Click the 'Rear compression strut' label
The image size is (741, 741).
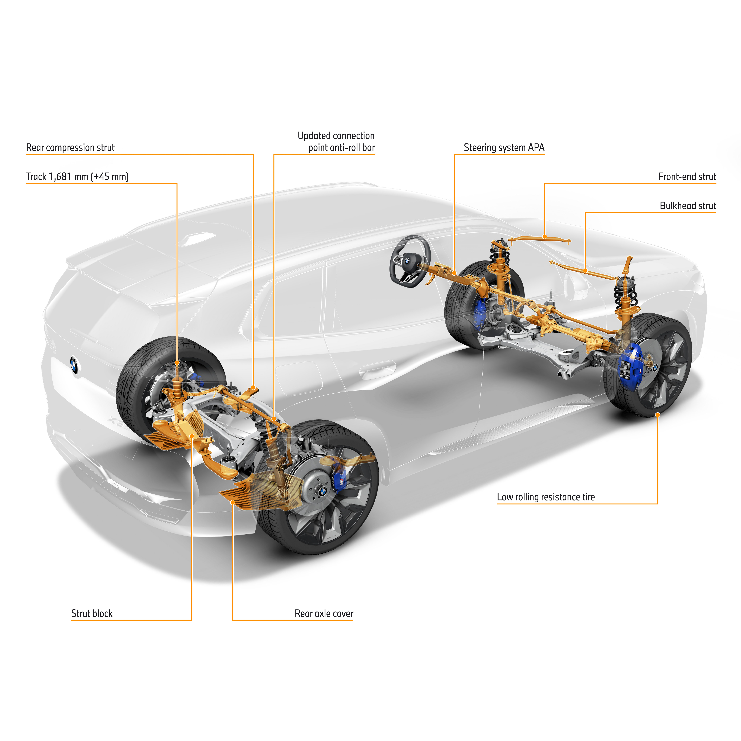click(70, 148)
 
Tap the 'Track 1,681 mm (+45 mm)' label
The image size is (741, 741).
click(77, 177)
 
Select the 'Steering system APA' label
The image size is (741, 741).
click(504, 148)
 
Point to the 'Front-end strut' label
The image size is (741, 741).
click(687, 177)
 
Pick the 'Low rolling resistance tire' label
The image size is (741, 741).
click(545, 497)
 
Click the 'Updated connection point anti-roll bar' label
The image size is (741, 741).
click(336, 142)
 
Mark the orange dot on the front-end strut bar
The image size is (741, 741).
click(545, 237)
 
